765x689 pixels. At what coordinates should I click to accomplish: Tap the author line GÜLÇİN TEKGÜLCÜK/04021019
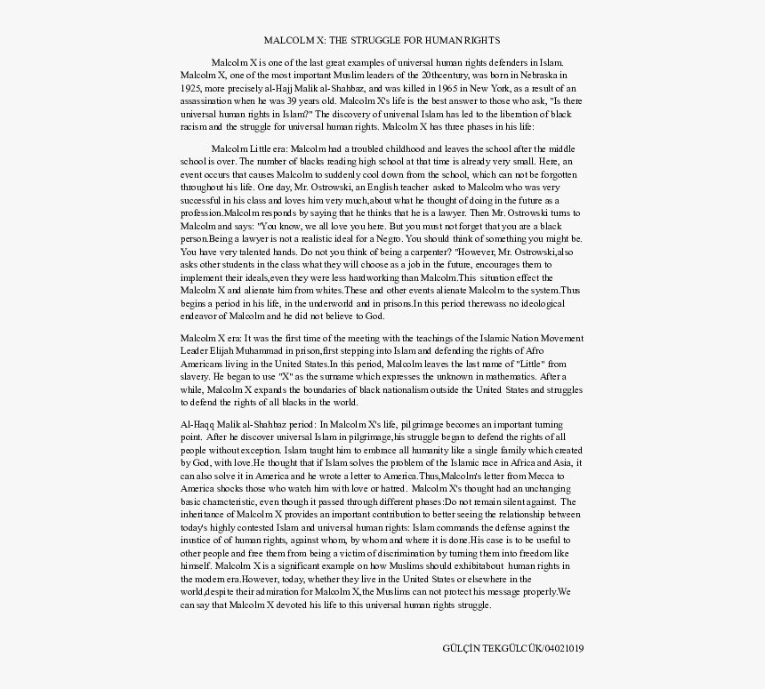coord(513,648)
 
